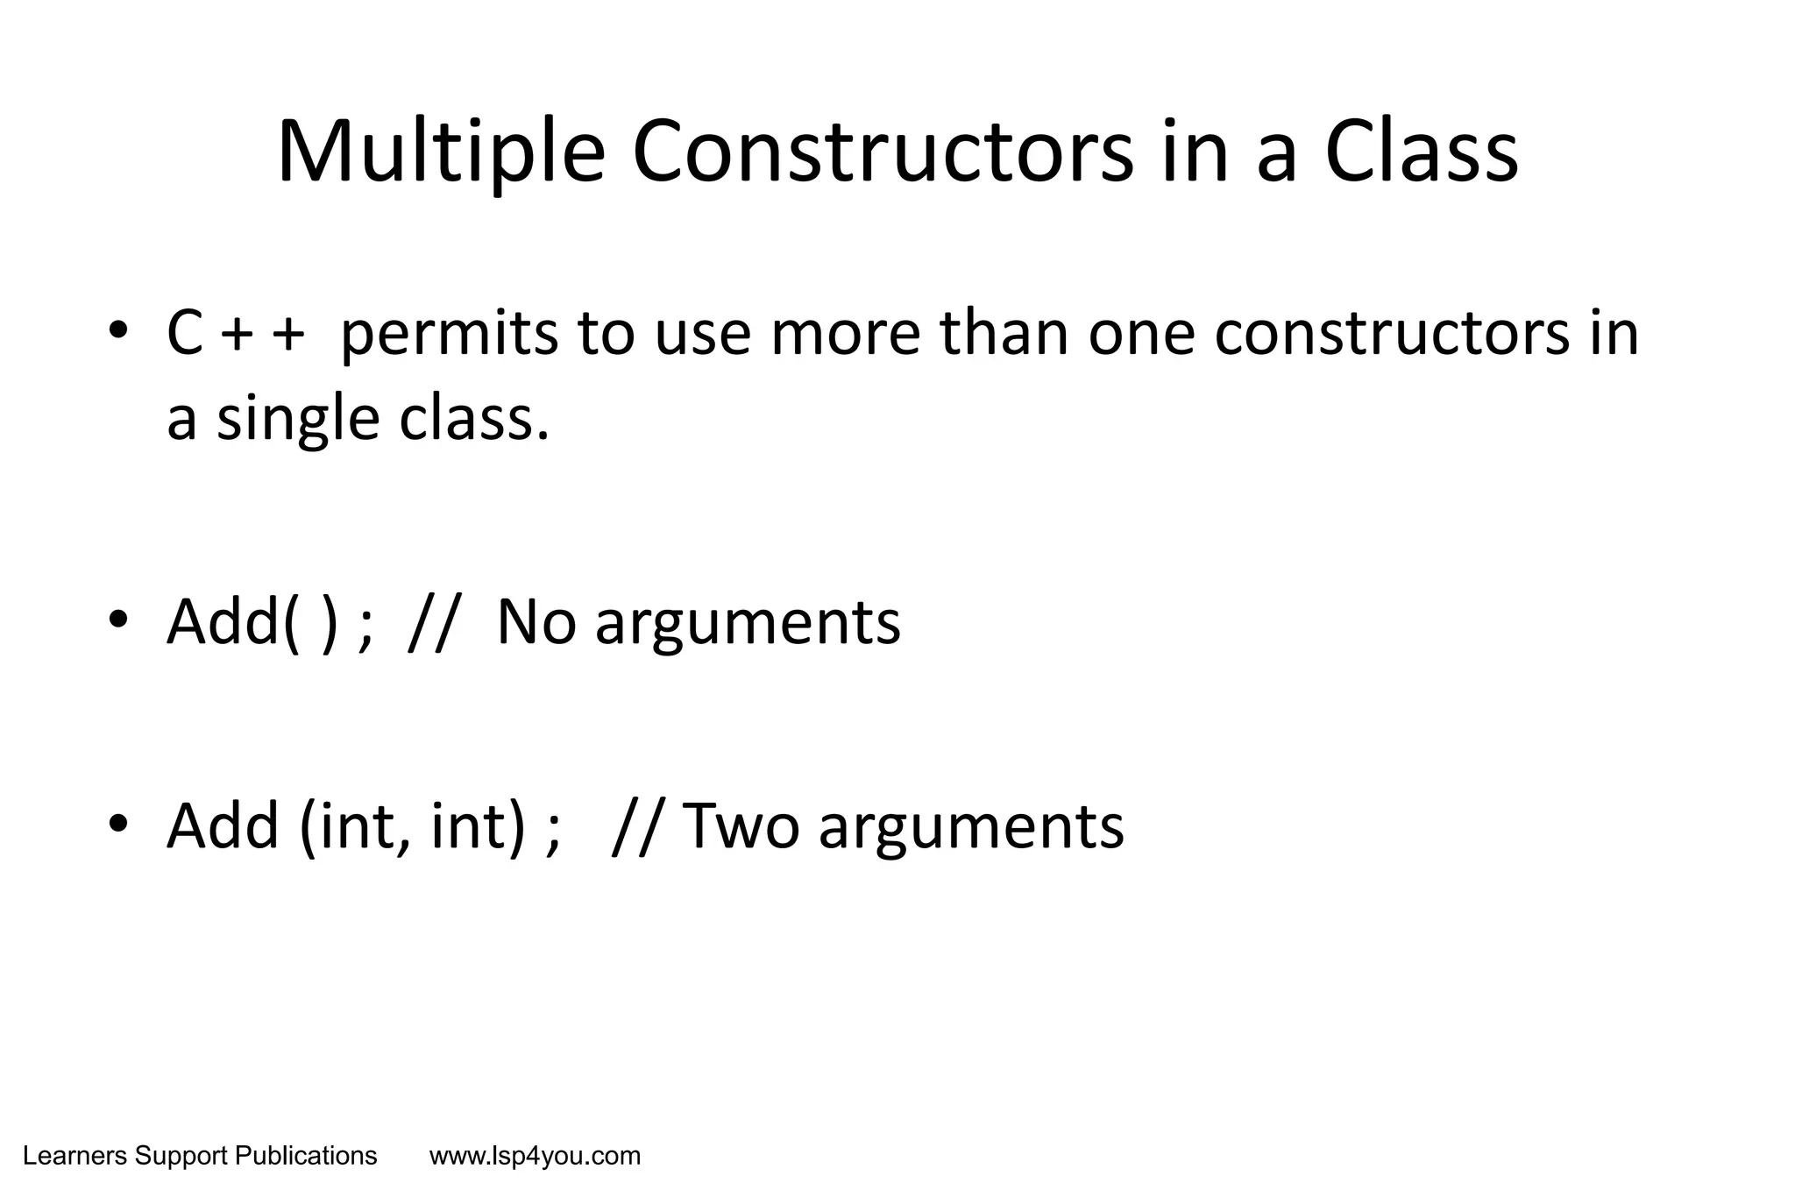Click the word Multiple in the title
point(441,154)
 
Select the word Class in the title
point(1421,154)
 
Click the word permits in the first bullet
point(449,336)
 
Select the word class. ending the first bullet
point(474,419)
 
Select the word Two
point(741,826)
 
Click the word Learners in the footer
point(75,1157)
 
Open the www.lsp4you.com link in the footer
point(535,1157)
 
